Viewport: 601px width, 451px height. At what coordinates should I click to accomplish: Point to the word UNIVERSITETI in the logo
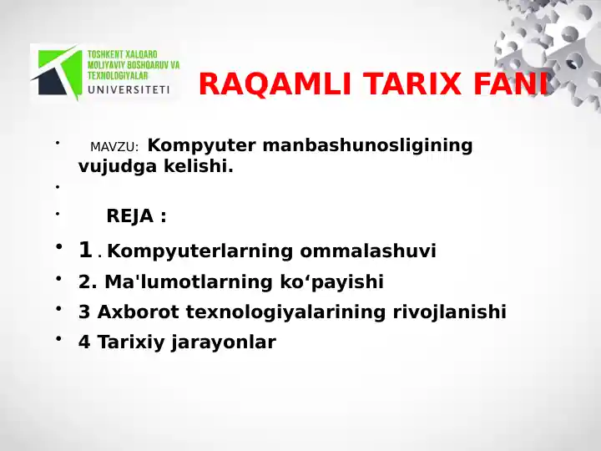pyautogui.click(x=129, y=89)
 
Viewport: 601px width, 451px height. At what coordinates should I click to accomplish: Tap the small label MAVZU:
pyautogui.click(x=114, y=148)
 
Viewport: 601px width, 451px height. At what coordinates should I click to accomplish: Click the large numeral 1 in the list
pyautogui.click(x=85, y=250)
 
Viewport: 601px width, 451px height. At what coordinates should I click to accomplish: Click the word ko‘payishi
pyautogui.click(x=338, y=282)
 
